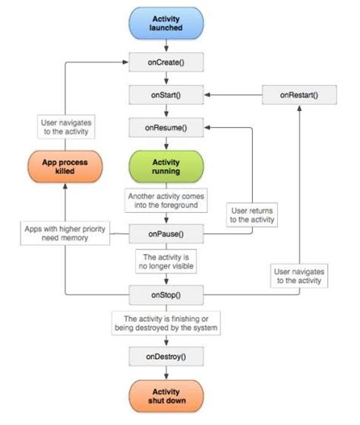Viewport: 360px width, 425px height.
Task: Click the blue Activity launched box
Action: [x=166, y=23]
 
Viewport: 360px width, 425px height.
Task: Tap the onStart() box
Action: [x=166, y=95]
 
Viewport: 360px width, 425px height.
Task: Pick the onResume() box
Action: [x=166, y=128]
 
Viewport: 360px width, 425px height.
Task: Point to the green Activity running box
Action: [x=166, y=167]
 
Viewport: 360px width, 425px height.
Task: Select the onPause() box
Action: [x=166, y=233]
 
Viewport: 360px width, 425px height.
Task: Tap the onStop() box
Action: [x=166, y=293]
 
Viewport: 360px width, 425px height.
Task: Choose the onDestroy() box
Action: [x=166, y=354]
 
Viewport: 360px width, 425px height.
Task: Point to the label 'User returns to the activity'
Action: [x=252, y=214]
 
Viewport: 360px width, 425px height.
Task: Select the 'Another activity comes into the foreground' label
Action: [x=166, y=200]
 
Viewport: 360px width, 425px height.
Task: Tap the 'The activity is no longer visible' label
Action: [x=166, y=262]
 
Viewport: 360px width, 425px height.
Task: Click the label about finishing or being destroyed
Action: [x=166, y=322]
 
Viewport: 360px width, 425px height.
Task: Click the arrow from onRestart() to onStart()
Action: [x=232, y=95]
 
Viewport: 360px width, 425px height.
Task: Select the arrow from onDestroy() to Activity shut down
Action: [x=166, y=371]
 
